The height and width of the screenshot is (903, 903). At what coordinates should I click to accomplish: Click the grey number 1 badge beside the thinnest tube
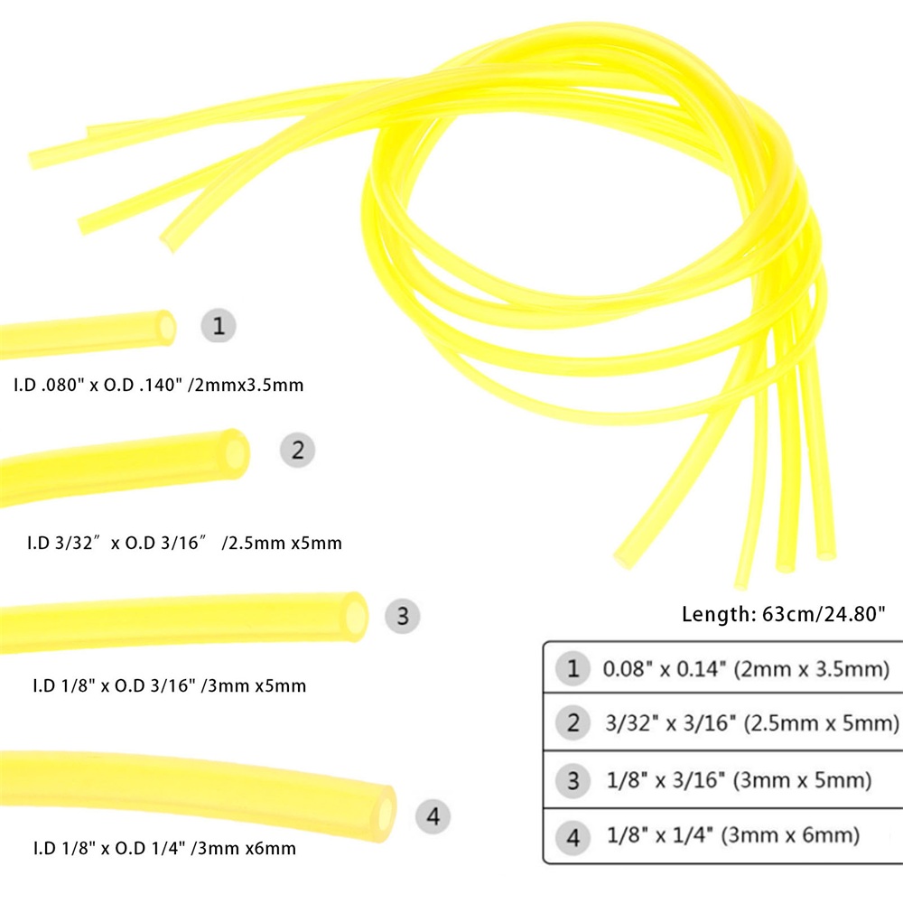219,325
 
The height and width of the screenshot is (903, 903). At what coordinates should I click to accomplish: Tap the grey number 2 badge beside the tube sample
297,450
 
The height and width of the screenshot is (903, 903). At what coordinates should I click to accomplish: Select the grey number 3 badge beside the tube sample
402,616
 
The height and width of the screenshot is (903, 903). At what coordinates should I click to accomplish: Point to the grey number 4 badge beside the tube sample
433,816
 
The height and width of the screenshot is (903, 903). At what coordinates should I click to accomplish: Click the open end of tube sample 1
167,328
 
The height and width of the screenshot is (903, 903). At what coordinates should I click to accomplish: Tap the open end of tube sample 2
237,453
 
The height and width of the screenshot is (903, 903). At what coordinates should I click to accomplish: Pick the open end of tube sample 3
357,616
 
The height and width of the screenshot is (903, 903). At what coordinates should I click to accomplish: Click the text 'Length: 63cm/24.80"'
783,614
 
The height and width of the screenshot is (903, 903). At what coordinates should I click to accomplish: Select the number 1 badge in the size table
573,668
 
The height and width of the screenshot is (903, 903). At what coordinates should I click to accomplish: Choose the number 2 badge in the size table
573,722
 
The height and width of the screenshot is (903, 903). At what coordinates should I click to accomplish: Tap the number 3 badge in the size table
573,780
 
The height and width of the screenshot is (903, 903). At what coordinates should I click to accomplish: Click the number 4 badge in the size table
573,836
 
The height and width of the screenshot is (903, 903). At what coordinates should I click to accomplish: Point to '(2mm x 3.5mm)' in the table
812,669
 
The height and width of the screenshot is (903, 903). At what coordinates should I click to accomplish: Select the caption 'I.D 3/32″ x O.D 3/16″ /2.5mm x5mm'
185,543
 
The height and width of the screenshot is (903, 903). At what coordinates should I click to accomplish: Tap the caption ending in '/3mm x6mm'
164,848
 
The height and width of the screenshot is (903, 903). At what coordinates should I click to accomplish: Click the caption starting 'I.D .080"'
158,385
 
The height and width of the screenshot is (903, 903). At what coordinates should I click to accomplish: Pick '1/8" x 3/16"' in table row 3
666,780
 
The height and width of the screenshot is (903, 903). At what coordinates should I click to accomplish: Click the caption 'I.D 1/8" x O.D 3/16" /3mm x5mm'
170,686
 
